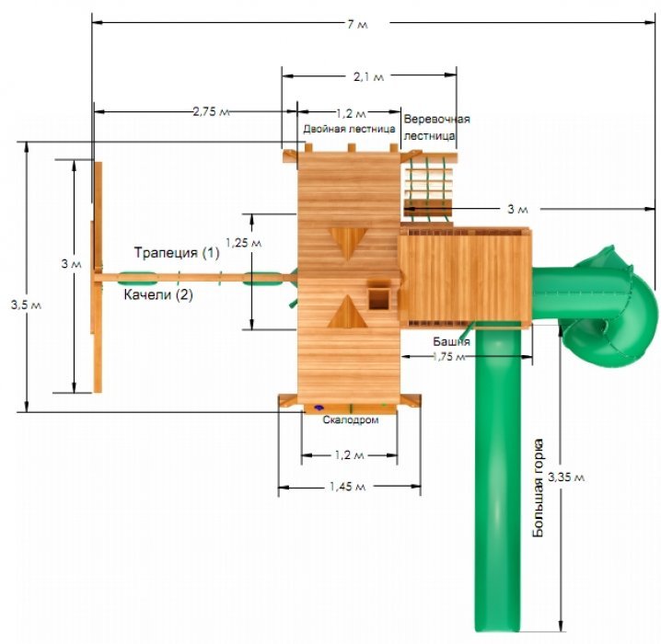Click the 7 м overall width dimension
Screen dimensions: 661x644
click(357, 25)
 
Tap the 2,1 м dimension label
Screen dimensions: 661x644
click(368, 76)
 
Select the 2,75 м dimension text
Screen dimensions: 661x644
click(211, 111)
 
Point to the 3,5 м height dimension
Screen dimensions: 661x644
click(26, 305)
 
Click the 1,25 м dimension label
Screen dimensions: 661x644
click(243, 243)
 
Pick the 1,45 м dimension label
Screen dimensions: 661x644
click(347, 487)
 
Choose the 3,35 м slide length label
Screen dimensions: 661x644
click(566, 477)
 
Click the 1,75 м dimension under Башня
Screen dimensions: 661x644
click(448, 356)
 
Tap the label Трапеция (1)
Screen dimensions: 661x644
click(177, 253)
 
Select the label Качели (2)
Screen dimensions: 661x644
click(158, 294)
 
